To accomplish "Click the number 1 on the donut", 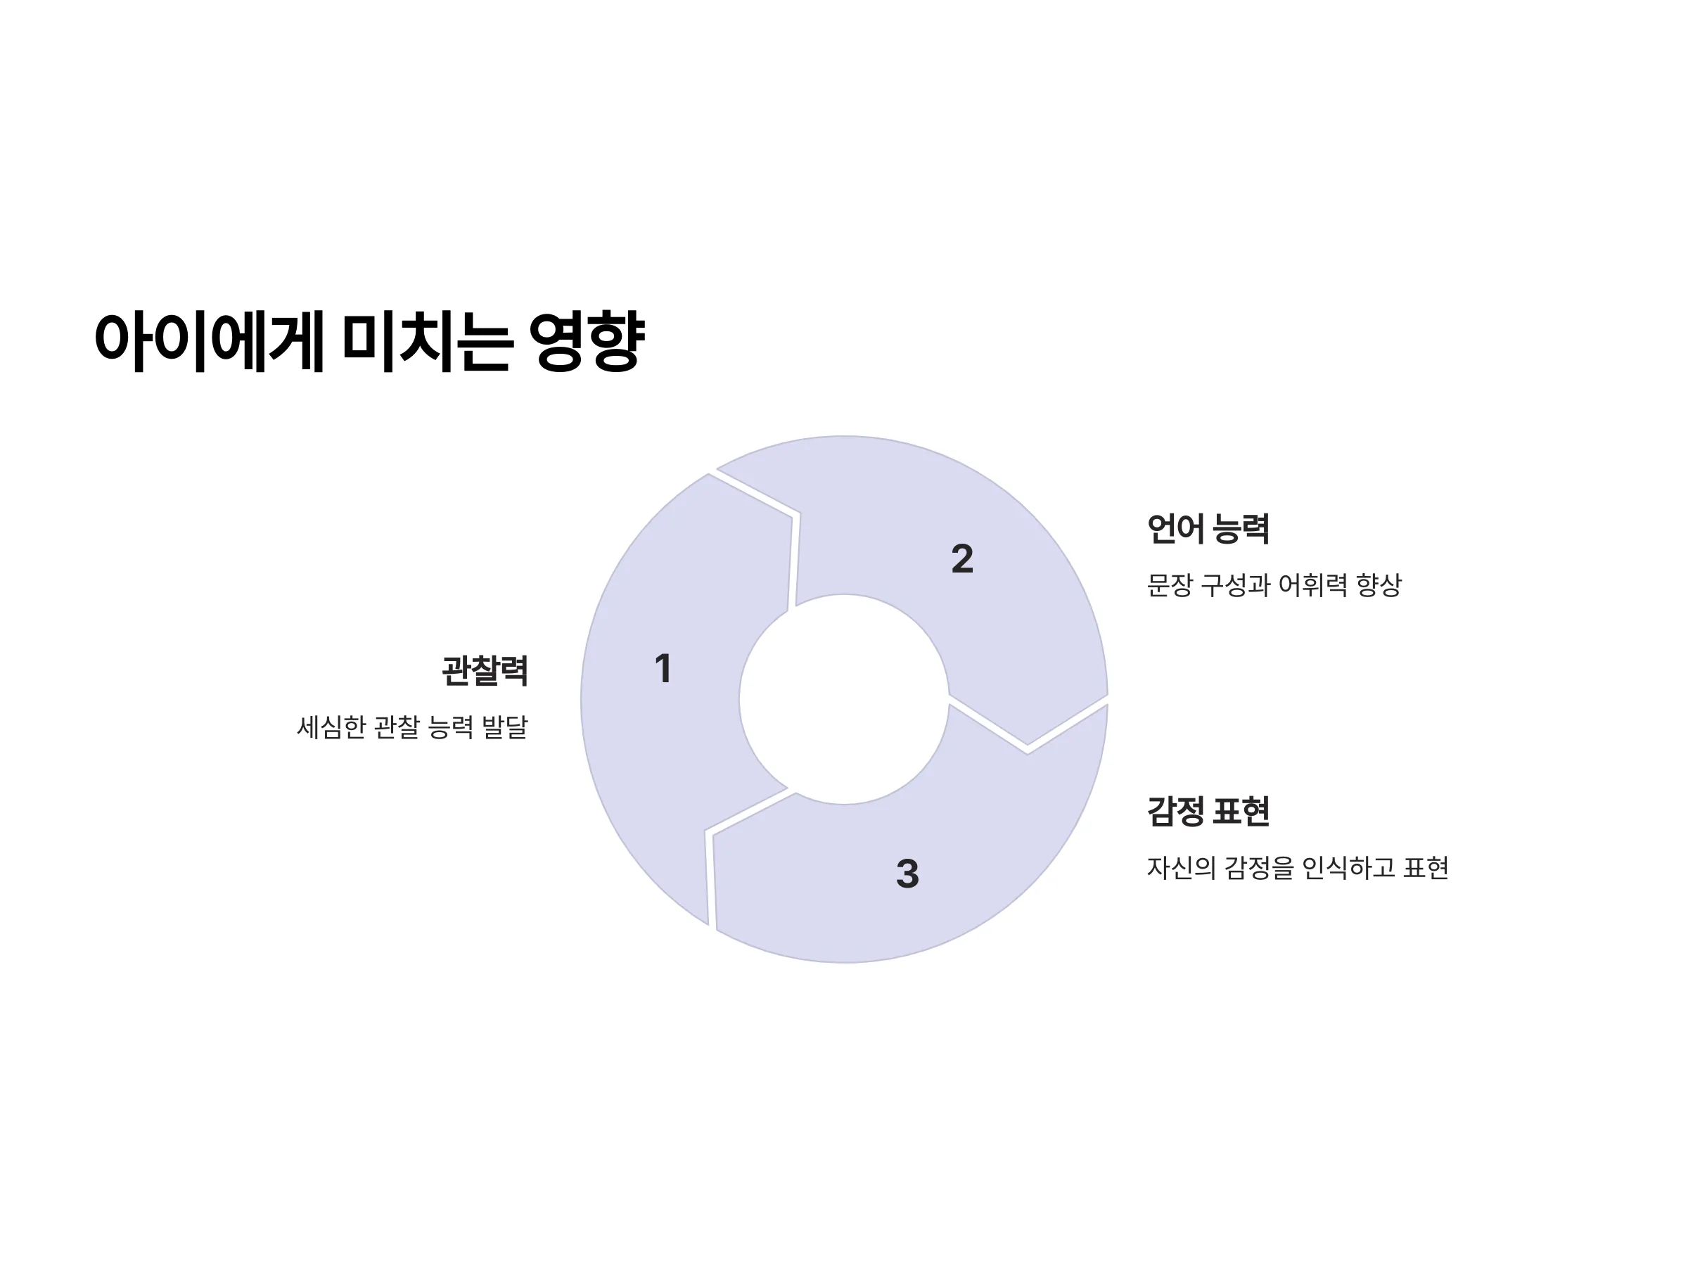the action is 663,668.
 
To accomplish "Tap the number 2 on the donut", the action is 962,558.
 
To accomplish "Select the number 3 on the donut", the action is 907,874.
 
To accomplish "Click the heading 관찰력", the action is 485,671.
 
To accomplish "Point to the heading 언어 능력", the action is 1208,529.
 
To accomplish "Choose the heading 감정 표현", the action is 1208,810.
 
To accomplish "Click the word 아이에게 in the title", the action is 210,341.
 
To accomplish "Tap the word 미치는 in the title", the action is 425,341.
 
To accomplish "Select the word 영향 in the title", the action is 587,341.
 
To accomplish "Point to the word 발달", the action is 505,727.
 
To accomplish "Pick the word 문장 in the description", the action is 1170,585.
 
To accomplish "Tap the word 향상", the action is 1379,585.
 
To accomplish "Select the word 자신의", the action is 1182,868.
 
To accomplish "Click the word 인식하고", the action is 1348,868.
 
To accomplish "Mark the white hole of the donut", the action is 844,699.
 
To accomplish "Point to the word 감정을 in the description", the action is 1259,868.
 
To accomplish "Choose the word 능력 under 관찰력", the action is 451,727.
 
